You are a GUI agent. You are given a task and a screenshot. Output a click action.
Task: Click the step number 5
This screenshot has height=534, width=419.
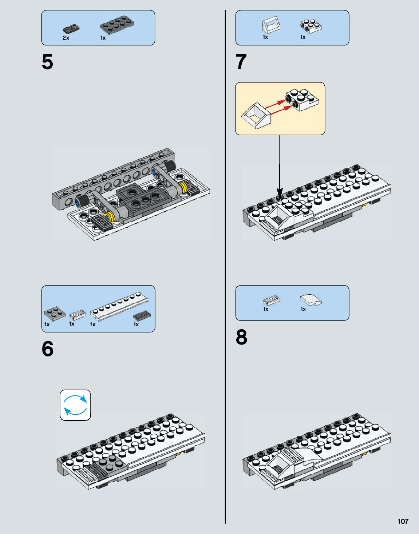tap(47, 62)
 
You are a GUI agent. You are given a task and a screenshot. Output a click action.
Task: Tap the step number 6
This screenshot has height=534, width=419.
tap(47, 349)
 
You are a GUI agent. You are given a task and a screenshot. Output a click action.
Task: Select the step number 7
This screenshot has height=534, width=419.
tap(241, 62)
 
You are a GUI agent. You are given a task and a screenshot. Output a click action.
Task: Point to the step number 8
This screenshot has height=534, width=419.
tap(241, 337)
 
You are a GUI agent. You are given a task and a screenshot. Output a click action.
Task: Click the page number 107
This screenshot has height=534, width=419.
tap(403, 521)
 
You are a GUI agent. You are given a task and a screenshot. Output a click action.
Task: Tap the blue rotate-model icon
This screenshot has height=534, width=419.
tap(75, 405)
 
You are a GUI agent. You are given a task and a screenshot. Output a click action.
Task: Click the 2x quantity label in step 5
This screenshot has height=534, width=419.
tap(66, 38)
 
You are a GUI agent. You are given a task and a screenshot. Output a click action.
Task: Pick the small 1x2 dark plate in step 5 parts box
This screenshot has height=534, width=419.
tap(71, 29)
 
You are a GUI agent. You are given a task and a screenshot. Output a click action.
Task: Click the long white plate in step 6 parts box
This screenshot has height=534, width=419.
tap(119, 306)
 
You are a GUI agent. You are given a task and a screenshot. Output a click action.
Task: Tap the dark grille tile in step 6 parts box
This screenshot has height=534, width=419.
tap(142, 315)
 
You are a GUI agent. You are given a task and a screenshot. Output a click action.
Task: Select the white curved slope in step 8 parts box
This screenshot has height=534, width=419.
tap(311, 300)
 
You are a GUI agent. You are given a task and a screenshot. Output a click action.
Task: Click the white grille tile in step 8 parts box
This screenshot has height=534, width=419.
tap(271, 300)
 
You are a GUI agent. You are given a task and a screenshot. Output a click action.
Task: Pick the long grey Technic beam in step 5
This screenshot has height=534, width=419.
tap(113, 178)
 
